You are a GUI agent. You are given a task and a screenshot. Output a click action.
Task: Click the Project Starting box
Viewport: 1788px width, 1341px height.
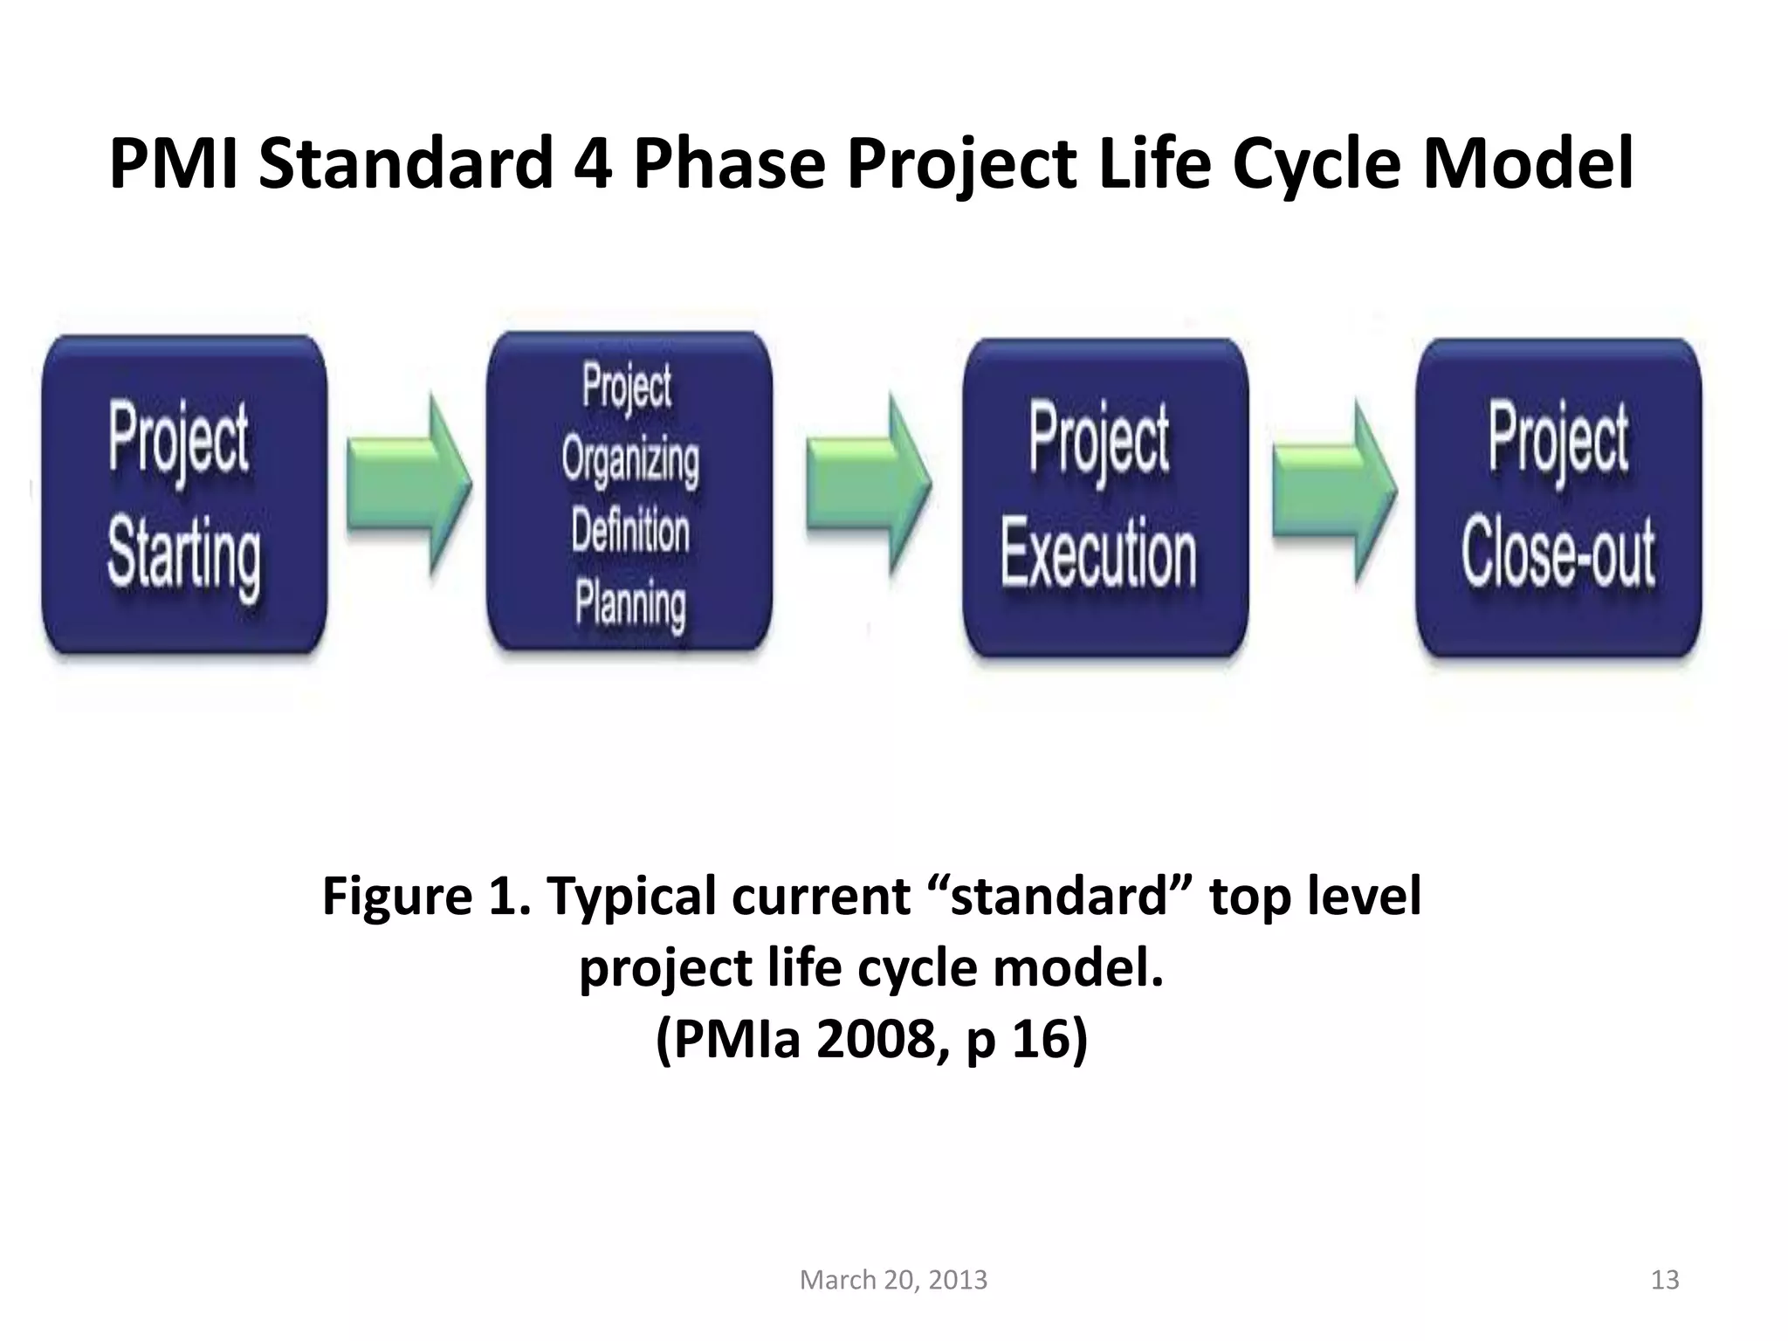click(x=184, y=494)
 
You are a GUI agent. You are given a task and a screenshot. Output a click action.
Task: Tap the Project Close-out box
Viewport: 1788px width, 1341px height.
click(x=1558, y=498)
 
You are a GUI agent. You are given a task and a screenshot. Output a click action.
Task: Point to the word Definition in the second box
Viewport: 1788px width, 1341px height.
click(x=630, y=531)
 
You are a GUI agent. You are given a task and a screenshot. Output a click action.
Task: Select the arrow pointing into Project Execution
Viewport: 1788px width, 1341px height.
click(x=868, y=485)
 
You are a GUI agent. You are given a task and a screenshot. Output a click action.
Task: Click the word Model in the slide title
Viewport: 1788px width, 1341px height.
click(x=1528, y=164)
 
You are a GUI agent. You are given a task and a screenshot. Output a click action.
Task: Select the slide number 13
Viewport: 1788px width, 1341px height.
click(x=1665, y=1280)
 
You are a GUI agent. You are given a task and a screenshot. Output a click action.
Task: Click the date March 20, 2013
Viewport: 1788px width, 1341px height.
click(x=893, y=1280)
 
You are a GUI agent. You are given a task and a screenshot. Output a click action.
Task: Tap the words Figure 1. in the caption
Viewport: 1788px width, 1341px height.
click(x=426, y=897)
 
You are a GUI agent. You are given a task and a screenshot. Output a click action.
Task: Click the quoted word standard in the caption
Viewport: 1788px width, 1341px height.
click(x=1057, y=897)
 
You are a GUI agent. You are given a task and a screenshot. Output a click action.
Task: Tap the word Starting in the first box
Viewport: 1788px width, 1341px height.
click(x=184, y=555)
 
